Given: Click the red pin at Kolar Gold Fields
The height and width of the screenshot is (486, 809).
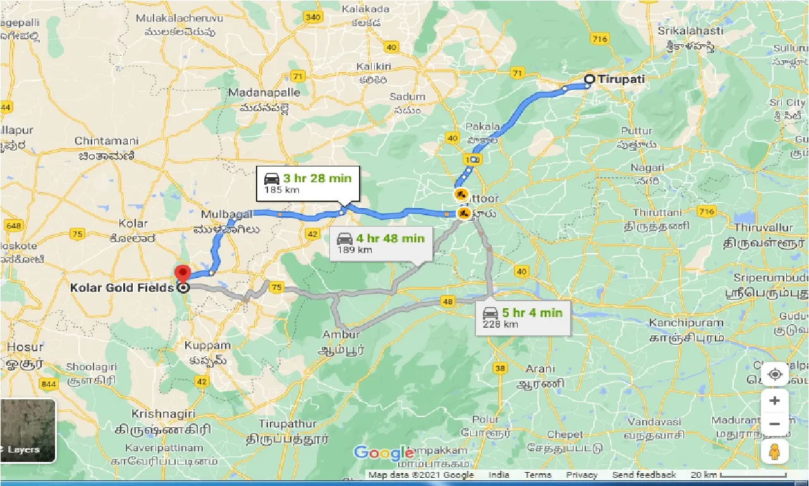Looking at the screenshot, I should (x=183, y=273).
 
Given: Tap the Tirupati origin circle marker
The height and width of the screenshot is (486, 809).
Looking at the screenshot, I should (x=589, y=79).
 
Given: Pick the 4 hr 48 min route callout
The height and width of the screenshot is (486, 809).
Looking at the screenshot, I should (x=381, y=243).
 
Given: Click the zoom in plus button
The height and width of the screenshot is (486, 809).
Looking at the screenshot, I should (x=775, y=401).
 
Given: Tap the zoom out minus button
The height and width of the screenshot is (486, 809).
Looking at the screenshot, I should (x=775, y=423).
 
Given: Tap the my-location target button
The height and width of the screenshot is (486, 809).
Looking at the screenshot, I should (x=775, y=374).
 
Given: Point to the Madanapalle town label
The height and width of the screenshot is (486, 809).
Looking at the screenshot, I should (x=264, y=92).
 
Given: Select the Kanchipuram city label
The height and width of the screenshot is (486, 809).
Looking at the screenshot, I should (x=686, y=323).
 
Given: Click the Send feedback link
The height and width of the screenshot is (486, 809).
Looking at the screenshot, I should (x=644, y=475).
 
